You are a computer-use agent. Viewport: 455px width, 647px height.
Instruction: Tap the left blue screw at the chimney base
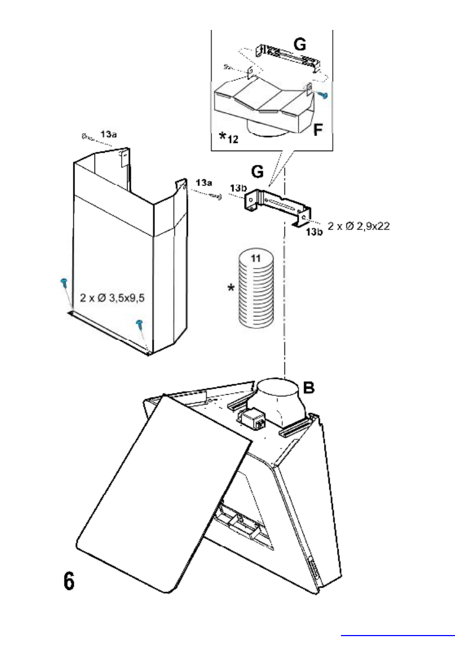pos(63,282)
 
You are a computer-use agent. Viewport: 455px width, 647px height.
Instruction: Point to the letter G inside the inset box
pos(298,42)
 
